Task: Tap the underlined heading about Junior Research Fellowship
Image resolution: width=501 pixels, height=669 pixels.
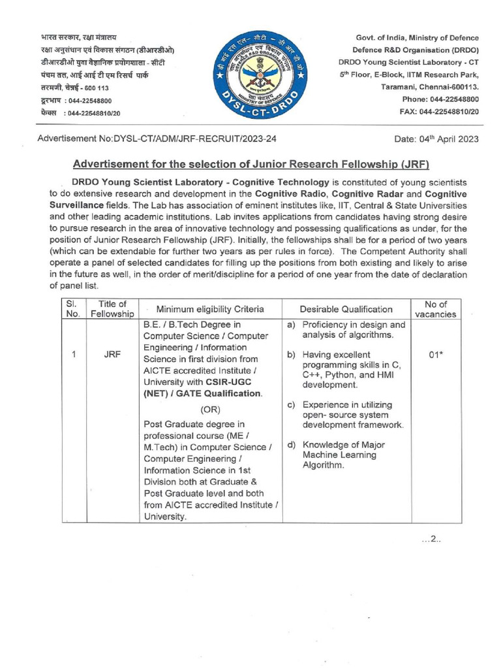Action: point(251,163)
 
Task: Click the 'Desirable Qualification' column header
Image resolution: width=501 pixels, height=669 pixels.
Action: point(346,309)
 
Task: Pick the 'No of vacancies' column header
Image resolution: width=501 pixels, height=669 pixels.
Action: point(436,308)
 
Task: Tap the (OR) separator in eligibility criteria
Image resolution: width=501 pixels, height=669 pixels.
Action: point(210,410)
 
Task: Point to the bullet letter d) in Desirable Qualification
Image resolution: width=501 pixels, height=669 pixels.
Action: point(292,444)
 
